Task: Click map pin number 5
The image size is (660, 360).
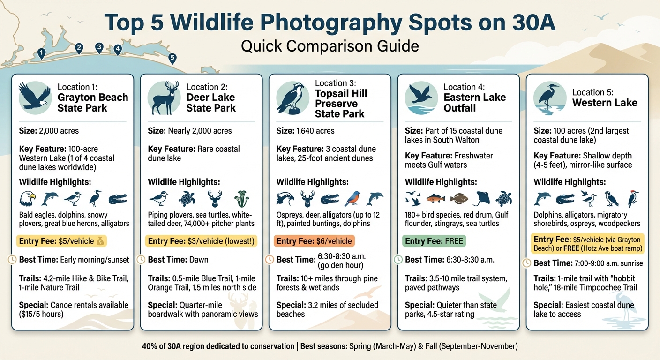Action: tap(172, 58)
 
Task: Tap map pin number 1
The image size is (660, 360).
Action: tap(42, 53)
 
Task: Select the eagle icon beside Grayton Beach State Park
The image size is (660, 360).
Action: tap(35, 97)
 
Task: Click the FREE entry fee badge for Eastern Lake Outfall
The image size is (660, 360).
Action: tap(434, 241)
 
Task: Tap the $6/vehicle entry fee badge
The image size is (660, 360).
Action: tap(314, 241)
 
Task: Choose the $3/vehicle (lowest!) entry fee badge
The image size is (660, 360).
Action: tap(201, 241)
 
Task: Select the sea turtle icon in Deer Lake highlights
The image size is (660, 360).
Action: tap(186, 199)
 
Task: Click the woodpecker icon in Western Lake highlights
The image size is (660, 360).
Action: tap(633, 199)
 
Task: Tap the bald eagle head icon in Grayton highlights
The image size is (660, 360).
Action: tap(27, 199)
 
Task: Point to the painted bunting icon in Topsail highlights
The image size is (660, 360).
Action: tap(352, 199)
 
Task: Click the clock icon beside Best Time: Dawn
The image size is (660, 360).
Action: tap(141, 259)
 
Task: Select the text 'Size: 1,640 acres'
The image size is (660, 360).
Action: tap(306, 131)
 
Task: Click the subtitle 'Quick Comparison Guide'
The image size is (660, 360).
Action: tap(330, 46)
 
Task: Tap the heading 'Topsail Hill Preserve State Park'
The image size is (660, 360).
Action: tap(341, 104)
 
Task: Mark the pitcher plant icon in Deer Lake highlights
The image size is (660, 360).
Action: tap(242, 199)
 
